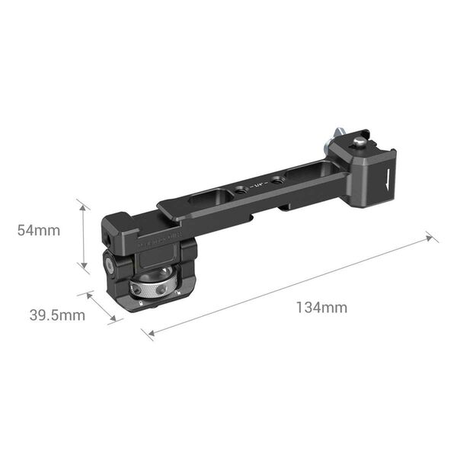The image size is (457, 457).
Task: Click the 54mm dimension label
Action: tap(39, 232)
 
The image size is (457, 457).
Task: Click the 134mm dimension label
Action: tap(321, 308)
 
